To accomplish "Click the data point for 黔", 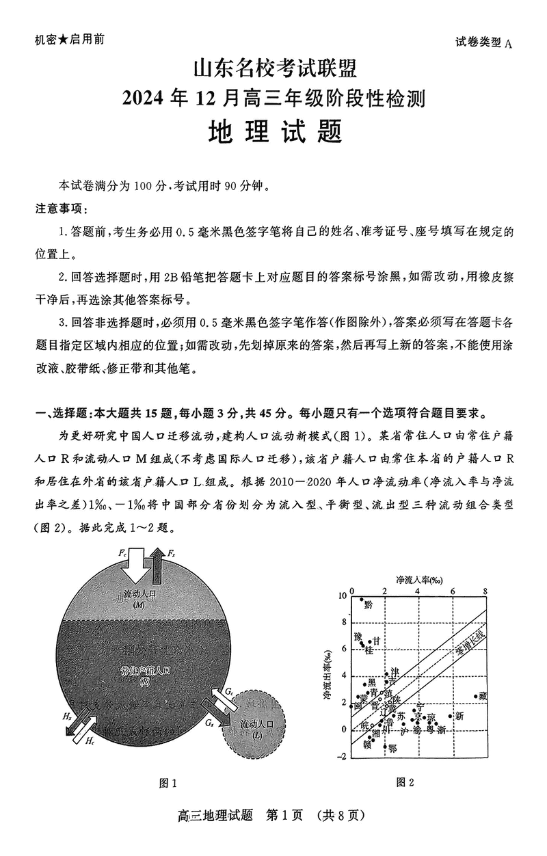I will coord(362,600).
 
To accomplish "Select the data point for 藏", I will coord(476,696).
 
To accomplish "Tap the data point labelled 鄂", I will coord(386,747).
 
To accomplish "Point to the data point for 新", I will coord(451,716).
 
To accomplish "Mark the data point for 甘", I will coord(370,642).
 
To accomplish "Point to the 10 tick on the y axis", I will coord(343,596).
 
